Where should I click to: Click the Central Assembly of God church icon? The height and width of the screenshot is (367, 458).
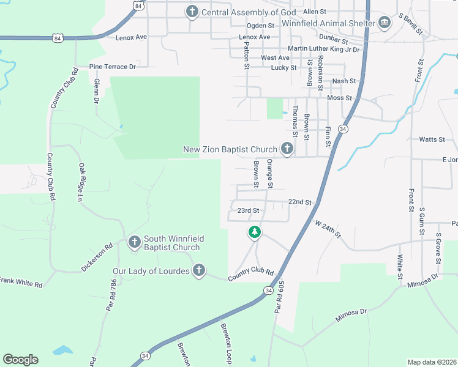(192, 12)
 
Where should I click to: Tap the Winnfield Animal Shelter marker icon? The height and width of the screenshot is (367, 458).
(384, 23)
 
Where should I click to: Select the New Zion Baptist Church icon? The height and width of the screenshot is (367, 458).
(287, 149)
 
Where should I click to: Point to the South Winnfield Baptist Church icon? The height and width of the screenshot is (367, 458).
(135, 243)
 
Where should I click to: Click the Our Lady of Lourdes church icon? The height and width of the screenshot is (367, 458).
(198, 270)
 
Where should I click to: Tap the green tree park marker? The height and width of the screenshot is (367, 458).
(255, 232)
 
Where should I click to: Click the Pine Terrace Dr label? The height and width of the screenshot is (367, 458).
(112, 66)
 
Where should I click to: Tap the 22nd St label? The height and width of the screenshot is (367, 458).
(300, 202)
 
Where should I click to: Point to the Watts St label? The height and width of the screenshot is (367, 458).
(432, 139)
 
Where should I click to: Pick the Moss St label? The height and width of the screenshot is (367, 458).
(340, 98)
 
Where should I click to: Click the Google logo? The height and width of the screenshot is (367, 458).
(20, 360)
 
